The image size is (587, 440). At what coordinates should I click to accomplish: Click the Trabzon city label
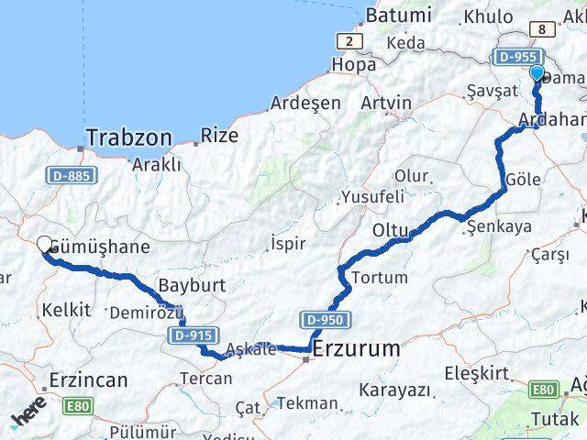(128, 138)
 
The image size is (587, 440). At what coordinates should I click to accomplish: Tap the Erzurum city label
(356, 349)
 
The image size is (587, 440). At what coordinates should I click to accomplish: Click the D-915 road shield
(191, 337)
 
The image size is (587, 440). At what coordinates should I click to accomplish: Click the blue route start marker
(537, 75)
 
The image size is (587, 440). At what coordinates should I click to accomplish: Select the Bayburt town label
(191, 284)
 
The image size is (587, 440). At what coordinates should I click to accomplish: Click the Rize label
(219, 137)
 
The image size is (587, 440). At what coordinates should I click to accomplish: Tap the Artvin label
(385, 101)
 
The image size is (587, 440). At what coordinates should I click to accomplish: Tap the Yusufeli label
(372, 196)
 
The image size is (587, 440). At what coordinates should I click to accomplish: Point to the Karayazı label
(395, 390)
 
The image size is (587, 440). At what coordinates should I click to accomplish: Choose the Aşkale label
(250, 349)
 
